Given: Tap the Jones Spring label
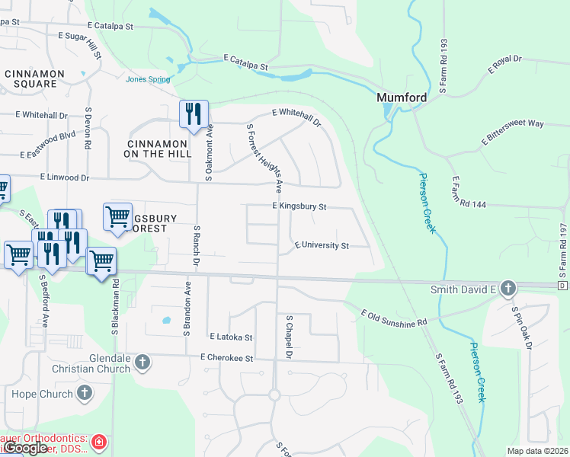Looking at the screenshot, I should (148, 78).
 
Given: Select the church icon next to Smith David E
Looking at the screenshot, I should (509, 288).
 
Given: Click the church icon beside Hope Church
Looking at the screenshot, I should (85, 394).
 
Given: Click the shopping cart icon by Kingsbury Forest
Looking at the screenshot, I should (117, 216).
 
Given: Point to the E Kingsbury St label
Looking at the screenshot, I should (299, 206).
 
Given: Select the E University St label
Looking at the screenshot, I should (322, 246).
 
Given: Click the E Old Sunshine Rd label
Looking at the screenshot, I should (394, 318).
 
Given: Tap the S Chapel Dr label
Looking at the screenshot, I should (289, 337).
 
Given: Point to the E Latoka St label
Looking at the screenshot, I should (230, 336).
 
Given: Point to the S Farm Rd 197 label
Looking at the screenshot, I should (564, 251).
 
